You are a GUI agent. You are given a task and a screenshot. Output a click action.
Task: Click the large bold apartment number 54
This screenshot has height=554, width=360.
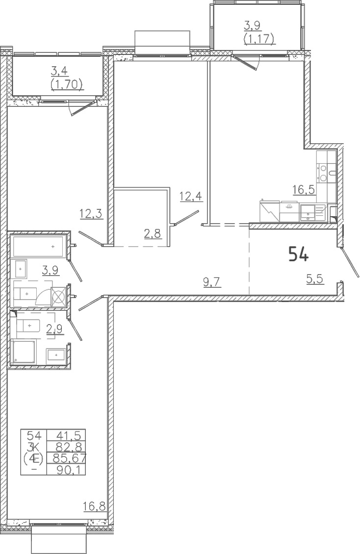pos(299,254)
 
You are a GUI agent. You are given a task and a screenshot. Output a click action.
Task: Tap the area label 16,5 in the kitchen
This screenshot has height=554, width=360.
pos(304,190)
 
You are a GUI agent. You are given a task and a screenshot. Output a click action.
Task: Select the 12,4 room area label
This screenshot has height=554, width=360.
pos(191,196)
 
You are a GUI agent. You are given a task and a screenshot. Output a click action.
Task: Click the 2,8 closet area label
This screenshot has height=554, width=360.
pos(152,233)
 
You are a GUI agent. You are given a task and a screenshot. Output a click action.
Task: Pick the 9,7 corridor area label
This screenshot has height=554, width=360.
pos(212,282)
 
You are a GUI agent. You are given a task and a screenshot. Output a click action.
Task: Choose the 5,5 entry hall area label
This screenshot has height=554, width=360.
pos(315,279)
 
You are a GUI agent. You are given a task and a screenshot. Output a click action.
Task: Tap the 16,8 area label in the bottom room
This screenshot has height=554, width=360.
pos(94,506)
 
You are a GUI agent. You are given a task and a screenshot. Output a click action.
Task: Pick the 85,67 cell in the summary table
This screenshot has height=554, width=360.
pos(69,458)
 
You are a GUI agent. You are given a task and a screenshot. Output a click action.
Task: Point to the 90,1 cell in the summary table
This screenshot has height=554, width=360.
pos(69,470)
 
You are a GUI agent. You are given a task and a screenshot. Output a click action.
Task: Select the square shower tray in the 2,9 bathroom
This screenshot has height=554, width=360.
pos(24,352)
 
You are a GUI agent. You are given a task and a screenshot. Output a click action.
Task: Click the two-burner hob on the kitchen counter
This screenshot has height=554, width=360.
pos(322,173)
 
